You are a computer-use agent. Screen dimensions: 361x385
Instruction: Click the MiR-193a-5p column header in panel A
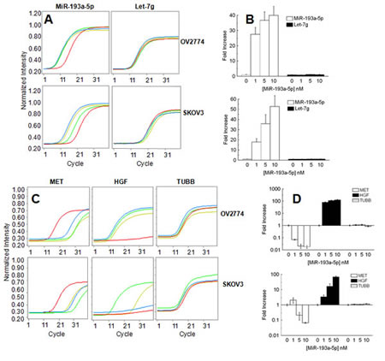[x=72, y=6]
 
